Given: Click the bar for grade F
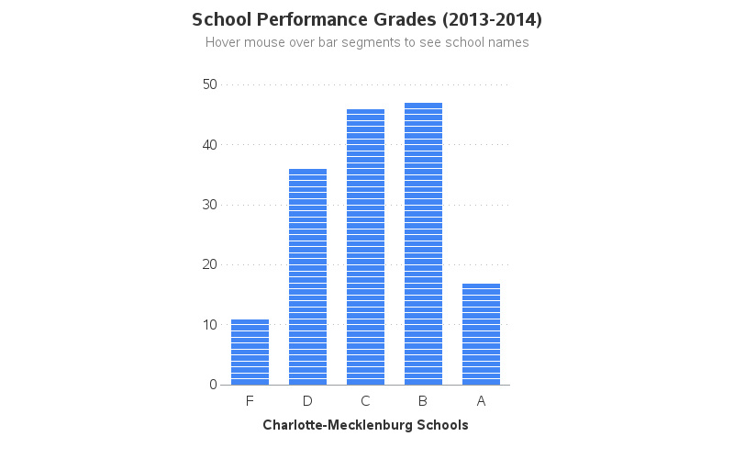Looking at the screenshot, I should point(250,353).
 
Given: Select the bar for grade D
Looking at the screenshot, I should point(307,277).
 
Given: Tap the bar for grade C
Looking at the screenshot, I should point(365,247).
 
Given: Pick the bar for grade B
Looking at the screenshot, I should point(423,244).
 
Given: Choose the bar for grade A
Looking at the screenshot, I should point(481,334).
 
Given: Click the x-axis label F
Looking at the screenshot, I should point(250,401).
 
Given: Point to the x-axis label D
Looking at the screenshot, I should point(307,401).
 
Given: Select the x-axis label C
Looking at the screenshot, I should point(365,401).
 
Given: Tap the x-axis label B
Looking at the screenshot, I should point(423,401).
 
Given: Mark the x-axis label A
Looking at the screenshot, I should point(481,401).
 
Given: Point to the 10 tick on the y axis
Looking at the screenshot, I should point(208,325).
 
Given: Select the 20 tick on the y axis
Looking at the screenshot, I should point(208,264).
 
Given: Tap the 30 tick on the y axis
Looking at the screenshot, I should point(208,205).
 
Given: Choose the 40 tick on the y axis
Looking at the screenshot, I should point(208,145).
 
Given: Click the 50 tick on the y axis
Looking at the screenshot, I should point(208,84).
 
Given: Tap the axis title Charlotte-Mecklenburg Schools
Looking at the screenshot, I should point(365,425).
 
